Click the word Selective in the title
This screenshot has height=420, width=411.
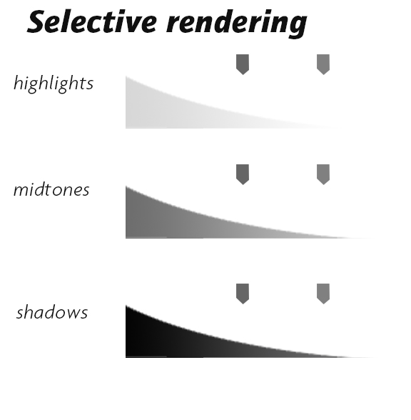click(x=92, y=21)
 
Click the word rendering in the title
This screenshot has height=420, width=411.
click(x=236, y=24)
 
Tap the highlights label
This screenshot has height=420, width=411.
click(x=54, y=83)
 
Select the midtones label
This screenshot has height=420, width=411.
click(x=51, y=189)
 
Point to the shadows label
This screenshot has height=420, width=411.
click(x=52, y=311)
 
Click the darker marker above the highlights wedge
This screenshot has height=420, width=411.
click(x=243, y=64)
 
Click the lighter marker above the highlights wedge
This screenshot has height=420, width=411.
click(x=323, y=64)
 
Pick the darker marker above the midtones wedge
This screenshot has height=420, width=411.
click(x=243, y=174)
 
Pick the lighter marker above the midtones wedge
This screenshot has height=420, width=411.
click(x=323, y=174)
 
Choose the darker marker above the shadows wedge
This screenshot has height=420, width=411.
click(x=243, y=294)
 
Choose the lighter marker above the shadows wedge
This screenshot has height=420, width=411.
click(x=323, y=294)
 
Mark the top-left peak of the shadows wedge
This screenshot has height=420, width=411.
click(x=126, y=306)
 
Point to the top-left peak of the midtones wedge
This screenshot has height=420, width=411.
click(x=126, y=186)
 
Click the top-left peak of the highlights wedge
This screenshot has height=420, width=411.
click(x=126, y=76)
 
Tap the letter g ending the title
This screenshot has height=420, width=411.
click(x=297, y=27)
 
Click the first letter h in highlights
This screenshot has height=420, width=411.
click(x=19, y=83)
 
